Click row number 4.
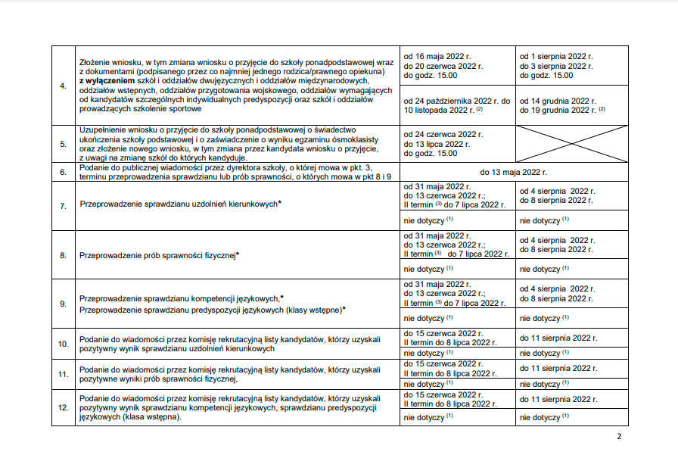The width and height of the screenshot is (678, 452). point(63,84)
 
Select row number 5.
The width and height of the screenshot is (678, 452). point(63,142)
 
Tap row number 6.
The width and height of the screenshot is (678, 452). point(63,172)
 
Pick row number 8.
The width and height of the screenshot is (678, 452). point(63,255)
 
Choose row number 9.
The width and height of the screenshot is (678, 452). point(63,304)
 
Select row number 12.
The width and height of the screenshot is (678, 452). point(64,409)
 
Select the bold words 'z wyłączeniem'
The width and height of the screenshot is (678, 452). point(107,80)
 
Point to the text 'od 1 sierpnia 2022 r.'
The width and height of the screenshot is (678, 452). point(556,57)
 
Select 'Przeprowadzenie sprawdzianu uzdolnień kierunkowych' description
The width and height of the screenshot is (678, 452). point(179,205)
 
